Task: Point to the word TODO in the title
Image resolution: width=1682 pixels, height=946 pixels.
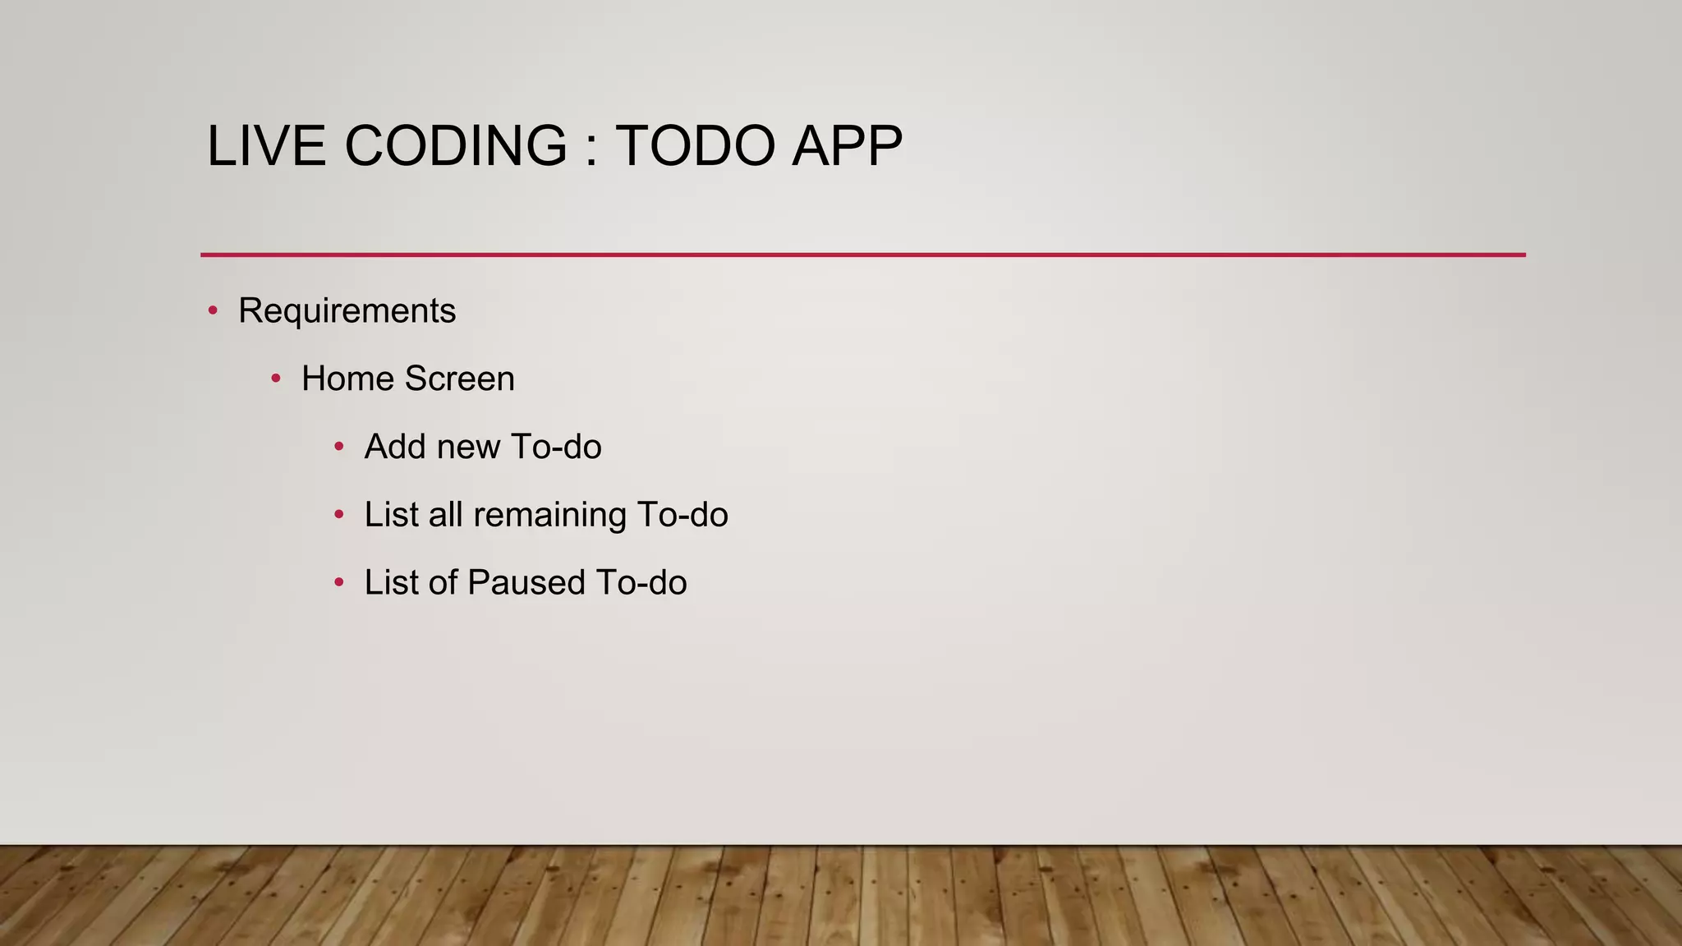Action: (x=695, y=146)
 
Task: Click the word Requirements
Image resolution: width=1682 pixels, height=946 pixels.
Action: (x=347, y=311)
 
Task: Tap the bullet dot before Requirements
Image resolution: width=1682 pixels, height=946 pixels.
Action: (x=213, y=310)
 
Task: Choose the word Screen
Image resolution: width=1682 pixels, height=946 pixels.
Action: (x=459, y=379)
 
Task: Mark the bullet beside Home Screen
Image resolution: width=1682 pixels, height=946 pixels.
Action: (x=276, y=379)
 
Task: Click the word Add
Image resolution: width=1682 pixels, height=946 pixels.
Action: (x=395, y=447)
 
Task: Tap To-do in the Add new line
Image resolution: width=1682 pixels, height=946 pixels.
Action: (x=556, y=447)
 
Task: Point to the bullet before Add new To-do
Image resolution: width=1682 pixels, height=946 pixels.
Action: (x=339, y=447)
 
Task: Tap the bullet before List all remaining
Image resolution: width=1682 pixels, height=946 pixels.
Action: (x=339, y=515)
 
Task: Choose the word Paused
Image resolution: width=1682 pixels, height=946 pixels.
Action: (x=526, y=583)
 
